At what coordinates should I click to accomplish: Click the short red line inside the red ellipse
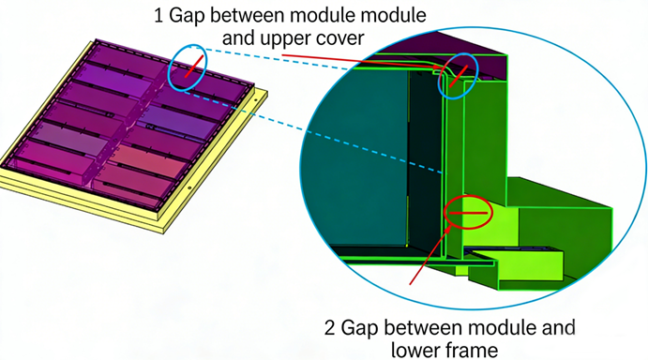(469, 213)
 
